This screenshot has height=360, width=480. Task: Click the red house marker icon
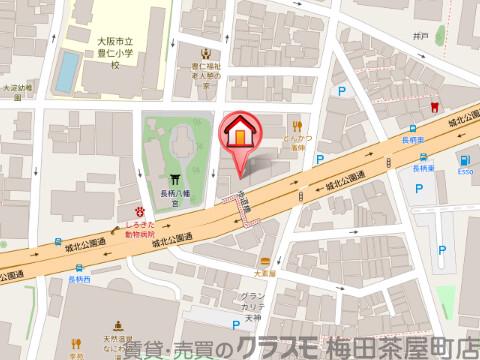(240, 132)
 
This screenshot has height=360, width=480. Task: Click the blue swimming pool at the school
(66, 70)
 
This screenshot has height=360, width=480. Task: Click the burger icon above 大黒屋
(262, 258)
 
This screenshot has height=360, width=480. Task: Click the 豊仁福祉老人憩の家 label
(209, 76)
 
